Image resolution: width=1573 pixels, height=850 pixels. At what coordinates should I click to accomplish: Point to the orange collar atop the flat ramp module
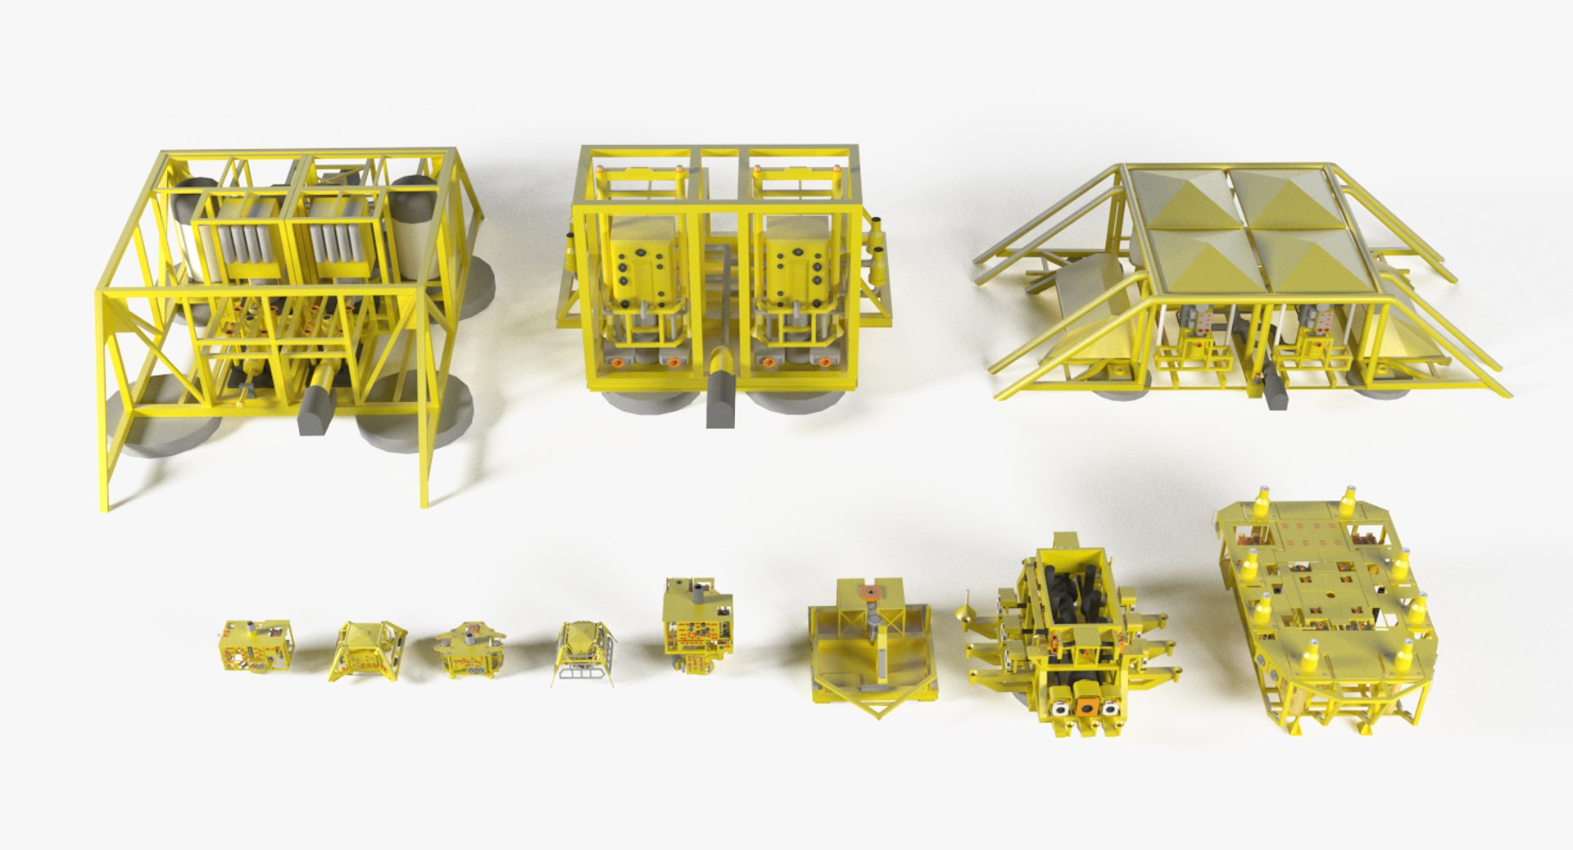point(870,591)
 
